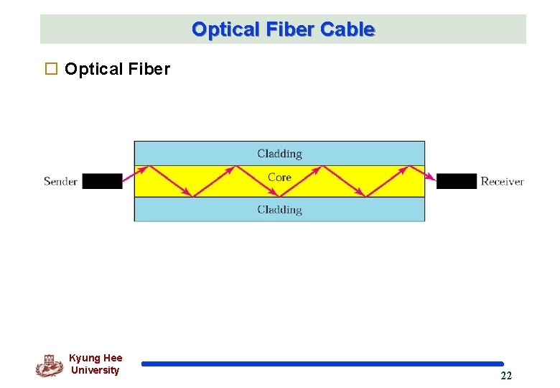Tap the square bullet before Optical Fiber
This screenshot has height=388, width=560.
[x=51, y=69]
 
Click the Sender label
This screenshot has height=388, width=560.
[x=60, y=181]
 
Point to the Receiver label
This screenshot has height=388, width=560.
[x=502, y=181]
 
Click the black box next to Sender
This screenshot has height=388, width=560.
[x=102, y=181]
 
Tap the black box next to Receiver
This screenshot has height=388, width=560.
[x=457, y=181]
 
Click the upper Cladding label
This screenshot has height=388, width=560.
[x=279, y=153]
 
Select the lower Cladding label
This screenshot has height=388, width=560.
[x=279, y=210]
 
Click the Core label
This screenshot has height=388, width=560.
[x=279, y=177]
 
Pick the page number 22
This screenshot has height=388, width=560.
[x=506, y=376]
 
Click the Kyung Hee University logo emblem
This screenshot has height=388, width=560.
[x=49, y=366]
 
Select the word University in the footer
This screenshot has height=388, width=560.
[x=95, y=370]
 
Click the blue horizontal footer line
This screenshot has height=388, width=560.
[x=322, y=364]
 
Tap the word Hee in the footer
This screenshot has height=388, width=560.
[x=113, y=358]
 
